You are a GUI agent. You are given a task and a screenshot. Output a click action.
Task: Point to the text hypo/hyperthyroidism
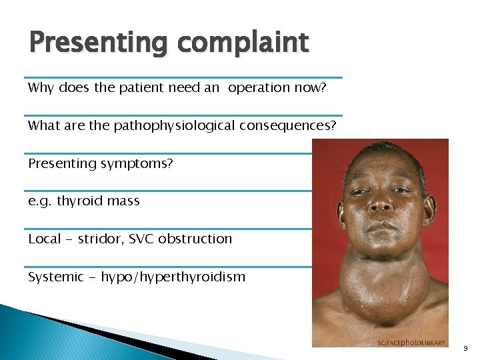173,277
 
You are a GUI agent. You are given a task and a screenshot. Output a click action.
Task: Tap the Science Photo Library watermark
411,343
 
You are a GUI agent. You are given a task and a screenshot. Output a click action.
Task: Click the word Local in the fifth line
44,239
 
